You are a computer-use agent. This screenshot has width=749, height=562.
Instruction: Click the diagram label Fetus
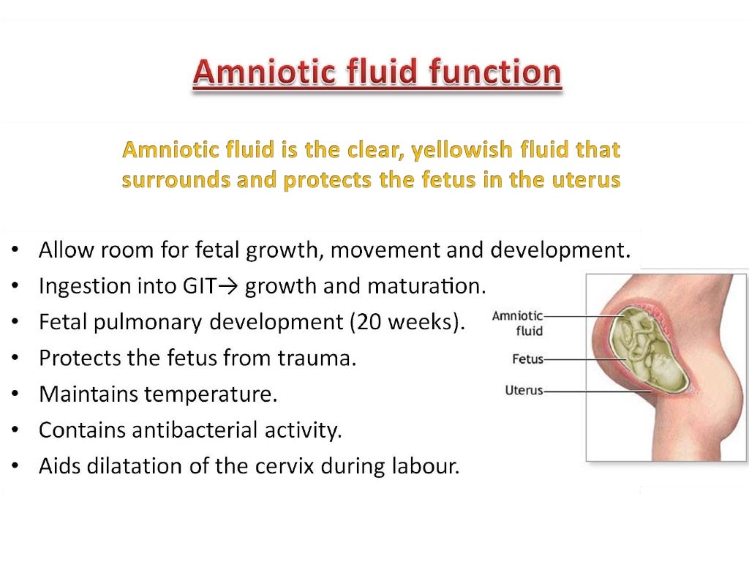pyautogui.click(x=527, y=360)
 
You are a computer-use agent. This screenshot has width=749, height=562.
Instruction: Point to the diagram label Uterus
pyautogui.click(x=524, y=391)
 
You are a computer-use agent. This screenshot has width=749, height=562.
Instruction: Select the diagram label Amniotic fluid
pyautogui.click(x=518, y=323)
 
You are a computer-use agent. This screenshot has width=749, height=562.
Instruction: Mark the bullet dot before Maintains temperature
pyautogui.click(x=16, y=395)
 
